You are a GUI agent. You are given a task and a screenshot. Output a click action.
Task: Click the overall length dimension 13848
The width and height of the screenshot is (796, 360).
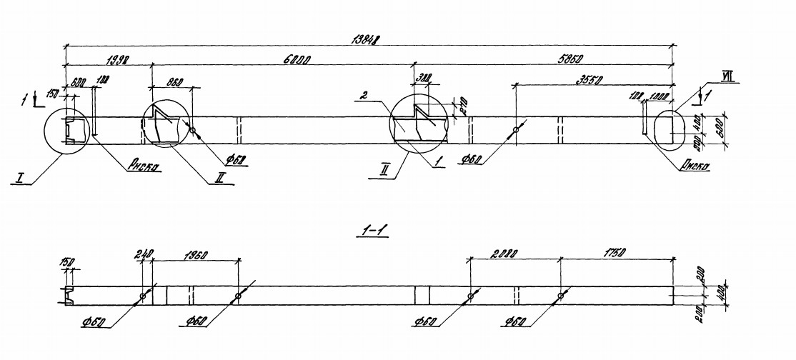point(368,39)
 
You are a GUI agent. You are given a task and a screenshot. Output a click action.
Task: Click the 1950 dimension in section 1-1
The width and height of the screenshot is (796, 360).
point(196,254)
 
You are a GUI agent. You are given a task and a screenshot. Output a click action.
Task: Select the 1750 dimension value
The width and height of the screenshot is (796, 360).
point(615,254)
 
